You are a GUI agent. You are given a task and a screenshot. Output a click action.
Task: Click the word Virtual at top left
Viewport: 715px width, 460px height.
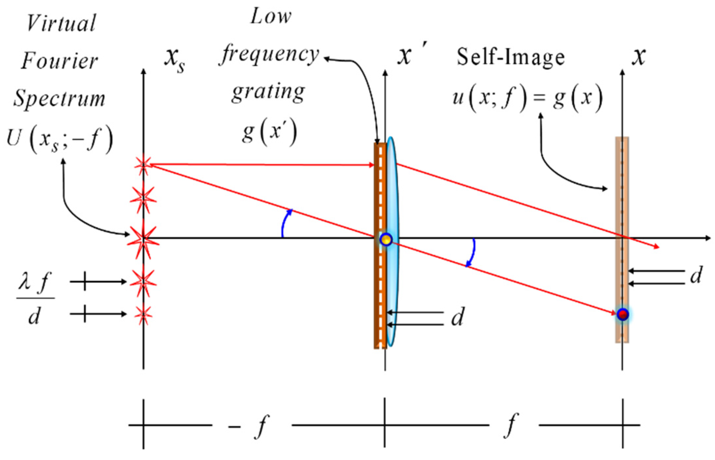pyautogui.click(x=61, y=23)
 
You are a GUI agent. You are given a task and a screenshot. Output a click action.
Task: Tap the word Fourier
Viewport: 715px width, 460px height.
pyautogui.click(x=60, y=61)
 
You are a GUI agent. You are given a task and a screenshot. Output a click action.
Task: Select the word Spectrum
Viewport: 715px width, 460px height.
pyautogui.click(x=59, y=98)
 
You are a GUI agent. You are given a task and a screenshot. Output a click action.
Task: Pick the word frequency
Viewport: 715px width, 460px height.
pyautogui.click(x=269, y=54)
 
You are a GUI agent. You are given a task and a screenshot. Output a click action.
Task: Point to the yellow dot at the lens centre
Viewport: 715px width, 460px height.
pyautogui.click(x=386, y=239)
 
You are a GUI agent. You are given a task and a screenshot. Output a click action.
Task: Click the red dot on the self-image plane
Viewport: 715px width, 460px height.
pyautogui.click(x=623, y=314)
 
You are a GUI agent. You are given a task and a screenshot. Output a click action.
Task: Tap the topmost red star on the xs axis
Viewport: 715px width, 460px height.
pyautogui.click(x=143, y=165)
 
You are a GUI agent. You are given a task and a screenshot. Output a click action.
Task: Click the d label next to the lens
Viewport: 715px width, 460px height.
pyautogui.click(x=457, y=318)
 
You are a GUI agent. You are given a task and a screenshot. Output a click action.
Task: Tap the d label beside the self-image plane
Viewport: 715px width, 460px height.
pyautogui.click(x=696, y=275)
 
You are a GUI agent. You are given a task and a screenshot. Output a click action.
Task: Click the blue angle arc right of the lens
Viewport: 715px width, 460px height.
pyautogui.click(x=472, y=253)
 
